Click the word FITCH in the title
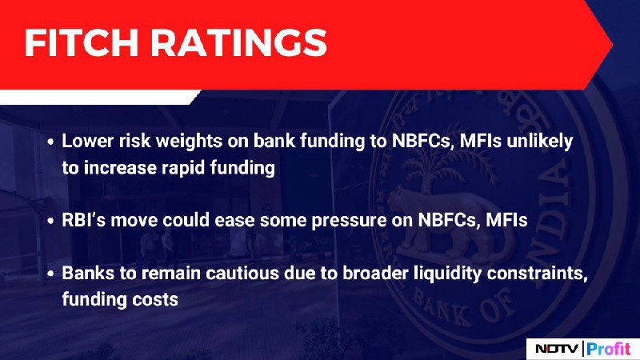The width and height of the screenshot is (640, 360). pos(82,42)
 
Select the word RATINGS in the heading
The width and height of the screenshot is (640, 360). pos(238,42)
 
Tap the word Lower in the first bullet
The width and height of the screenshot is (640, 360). pos(88,141)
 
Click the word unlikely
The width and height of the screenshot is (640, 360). pos(539,142)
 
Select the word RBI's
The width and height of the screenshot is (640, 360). pos(84,220)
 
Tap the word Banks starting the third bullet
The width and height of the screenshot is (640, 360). pos(88,273)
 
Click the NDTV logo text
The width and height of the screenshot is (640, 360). pos(557,349)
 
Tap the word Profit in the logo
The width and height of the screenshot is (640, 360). pos(609,349)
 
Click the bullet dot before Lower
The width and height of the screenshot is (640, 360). pos(50,142)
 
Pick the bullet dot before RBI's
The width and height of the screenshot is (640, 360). pos(50,222)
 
